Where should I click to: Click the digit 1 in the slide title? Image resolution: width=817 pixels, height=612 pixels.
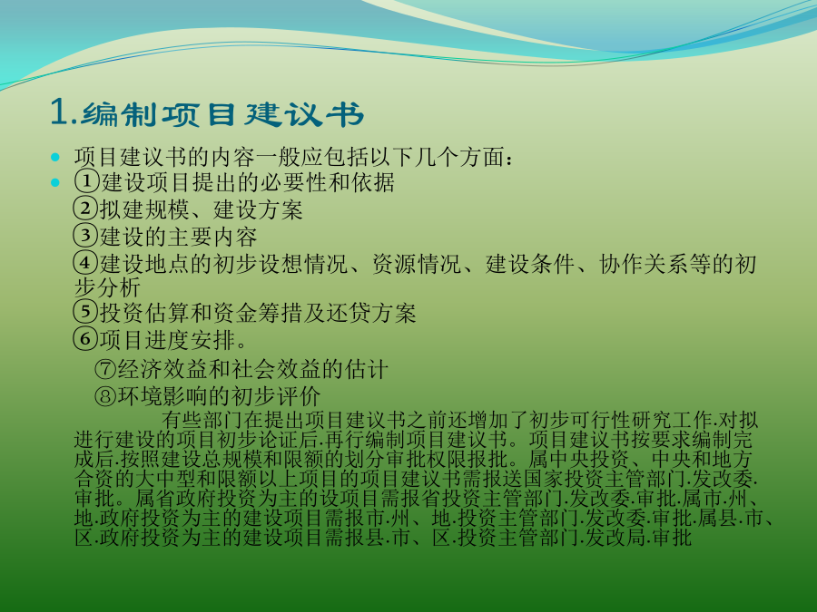(59, 112)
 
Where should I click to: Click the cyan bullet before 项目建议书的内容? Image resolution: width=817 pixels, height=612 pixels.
(55, 157)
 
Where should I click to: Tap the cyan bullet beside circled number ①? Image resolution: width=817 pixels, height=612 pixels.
(55, 182)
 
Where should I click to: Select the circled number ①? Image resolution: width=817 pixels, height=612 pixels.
(86, 181)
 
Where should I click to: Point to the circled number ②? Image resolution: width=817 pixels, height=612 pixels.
(85, 209)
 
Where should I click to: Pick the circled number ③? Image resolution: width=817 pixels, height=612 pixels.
(85, 236)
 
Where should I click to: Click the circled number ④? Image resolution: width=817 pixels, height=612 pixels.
(85, 263)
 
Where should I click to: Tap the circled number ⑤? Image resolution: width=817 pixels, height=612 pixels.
(85, 312)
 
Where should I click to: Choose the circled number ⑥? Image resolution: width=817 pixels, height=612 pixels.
(85, 339)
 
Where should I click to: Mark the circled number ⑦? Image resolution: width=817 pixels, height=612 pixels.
(106, 369)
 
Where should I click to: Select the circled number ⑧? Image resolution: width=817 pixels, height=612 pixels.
(106, 396)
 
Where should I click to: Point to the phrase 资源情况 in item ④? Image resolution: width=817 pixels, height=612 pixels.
(417, 263)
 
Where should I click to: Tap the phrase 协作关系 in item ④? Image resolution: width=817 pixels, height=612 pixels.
(644, 263)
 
